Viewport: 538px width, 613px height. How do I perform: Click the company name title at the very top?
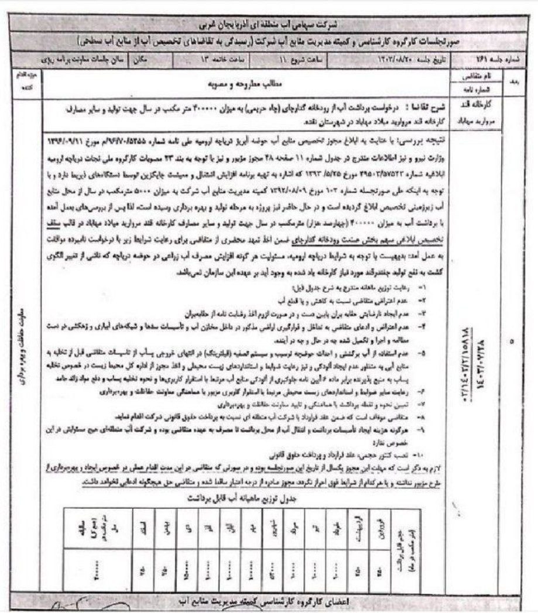pos(269,25)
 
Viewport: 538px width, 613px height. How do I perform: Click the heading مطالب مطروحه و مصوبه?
pos(246,84)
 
